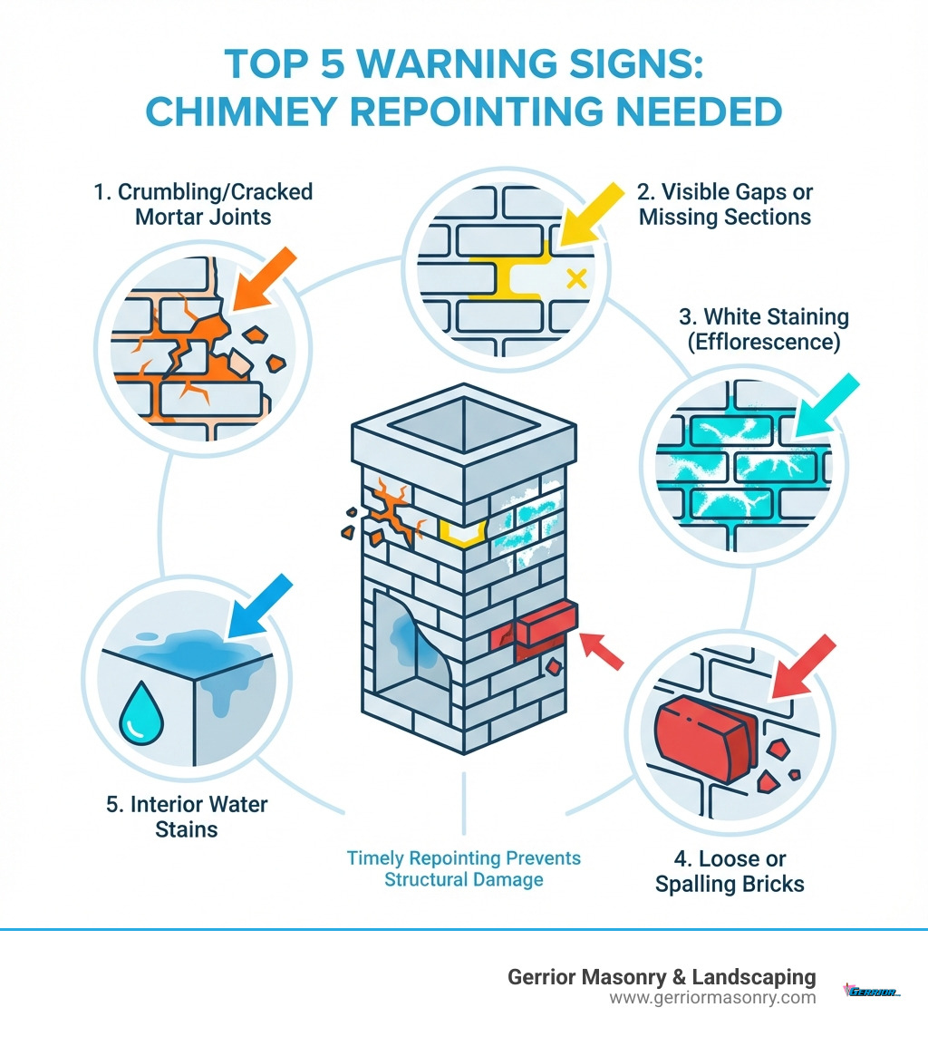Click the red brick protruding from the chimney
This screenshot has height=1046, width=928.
(x=535, y=626)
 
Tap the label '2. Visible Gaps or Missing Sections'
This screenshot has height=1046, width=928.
(x=725, y=204)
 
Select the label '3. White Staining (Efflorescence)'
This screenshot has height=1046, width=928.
(x=763, y=330)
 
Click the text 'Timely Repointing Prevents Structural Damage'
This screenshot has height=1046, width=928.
(x=464, y=868)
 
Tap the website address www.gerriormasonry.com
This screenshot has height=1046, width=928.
(x=713, y=998)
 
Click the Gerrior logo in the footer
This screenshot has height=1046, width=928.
(x=872, y=991)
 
